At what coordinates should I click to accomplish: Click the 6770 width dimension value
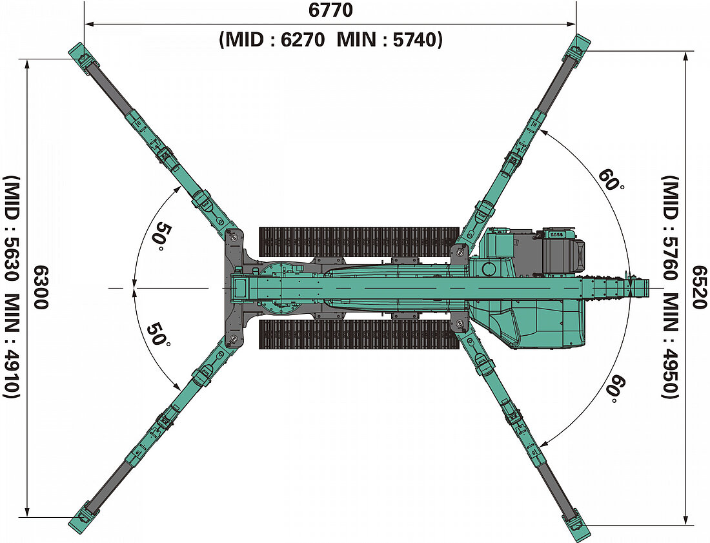coord(330,11)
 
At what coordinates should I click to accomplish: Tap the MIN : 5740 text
coord(389,40)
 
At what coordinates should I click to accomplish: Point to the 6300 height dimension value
coord(40,287)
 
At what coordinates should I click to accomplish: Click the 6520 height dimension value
coord(697,287)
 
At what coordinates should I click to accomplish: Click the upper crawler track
coord(358,240)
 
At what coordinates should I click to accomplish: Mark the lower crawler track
coord(358,334)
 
